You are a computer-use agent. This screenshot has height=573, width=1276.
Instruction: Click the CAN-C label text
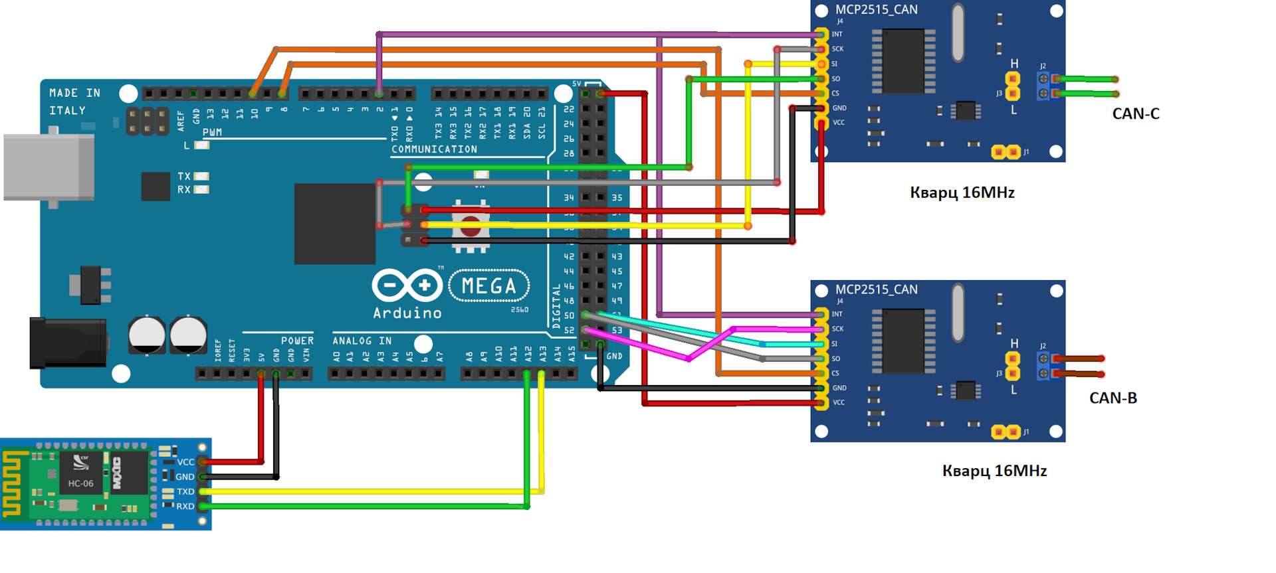(1135, 114)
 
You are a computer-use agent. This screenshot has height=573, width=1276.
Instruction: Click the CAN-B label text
(1113, 398)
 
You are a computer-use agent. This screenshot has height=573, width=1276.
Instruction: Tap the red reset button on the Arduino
(471, 226)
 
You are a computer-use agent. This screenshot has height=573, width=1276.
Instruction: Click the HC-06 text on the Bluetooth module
(80, 483)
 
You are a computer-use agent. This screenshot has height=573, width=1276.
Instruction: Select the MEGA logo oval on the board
(489, 286)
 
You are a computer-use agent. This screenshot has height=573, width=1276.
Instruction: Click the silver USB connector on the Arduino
(48, 167)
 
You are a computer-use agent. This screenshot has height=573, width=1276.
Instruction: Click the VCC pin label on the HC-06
(185, 462)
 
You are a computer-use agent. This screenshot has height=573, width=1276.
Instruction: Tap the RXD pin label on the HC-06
(185, 507)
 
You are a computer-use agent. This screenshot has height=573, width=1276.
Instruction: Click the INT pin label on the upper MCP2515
(837, 34)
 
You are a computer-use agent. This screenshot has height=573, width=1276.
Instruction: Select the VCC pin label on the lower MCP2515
(839, 402)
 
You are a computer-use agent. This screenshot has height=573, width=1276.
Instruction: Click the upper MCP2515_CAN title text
(876, 9)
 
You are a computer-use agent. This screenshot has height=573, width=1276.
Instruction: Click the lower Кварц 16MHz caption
(994, 471)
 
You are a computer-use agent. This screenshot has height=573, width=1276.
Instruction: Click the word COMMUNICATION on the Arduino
(434, 149)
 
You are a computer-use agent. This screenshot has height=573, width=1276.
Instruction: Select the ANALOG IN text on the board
(362, 341)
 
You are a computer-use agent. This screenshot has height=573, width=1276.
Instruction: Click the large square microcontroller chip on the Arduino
(334, 224)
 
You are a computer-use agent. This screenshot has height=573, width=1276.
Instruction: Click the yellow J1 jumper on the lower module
(1006, 432)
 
